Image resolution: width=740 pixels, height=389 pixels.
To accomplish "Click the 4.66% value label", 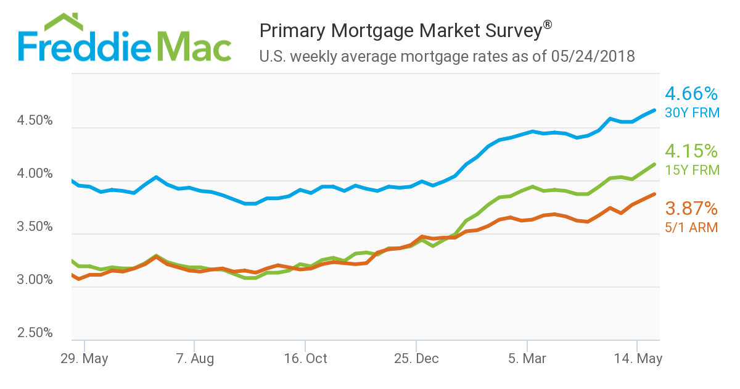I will (x=691, y=94).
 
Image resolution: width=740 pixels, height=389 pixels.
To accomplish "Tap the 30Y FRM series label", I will (x=691, y=112).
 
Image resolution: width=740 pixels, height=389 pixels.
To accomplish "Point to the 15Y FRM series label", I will (x=691, y=170).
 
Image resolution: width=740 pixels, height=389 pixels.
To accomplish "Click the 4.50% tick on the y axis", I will (x=36, y=121).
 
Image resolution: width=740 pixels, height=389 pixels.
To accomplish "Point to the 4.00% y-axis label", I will (x=36, y=174).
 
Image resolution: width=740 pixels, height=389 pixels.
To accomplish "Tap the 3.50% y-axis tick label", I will (x=36, y=227).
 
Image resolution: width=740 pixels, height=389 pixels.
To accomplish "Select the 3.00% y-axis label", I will (x=36, y=280).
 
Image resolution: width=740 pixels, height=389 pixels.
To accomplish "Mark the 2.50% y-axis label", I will (x=36, y=333).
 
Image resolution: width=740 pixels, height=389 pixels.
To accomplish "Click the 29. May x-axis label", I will (x=84, y=359).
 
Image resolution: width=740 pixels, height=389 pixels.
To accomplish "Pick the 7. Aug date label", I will (x=194, y=359).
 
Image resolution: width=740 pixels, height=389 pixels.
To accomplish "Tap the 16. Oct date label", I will (x=305, y=359).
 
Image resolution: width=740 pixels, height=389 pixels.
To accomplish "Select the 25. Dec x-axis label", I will (x=416, y=359).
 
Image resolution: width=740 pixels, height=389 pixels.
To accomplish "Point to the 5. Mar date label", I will (x=527, y=359).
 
